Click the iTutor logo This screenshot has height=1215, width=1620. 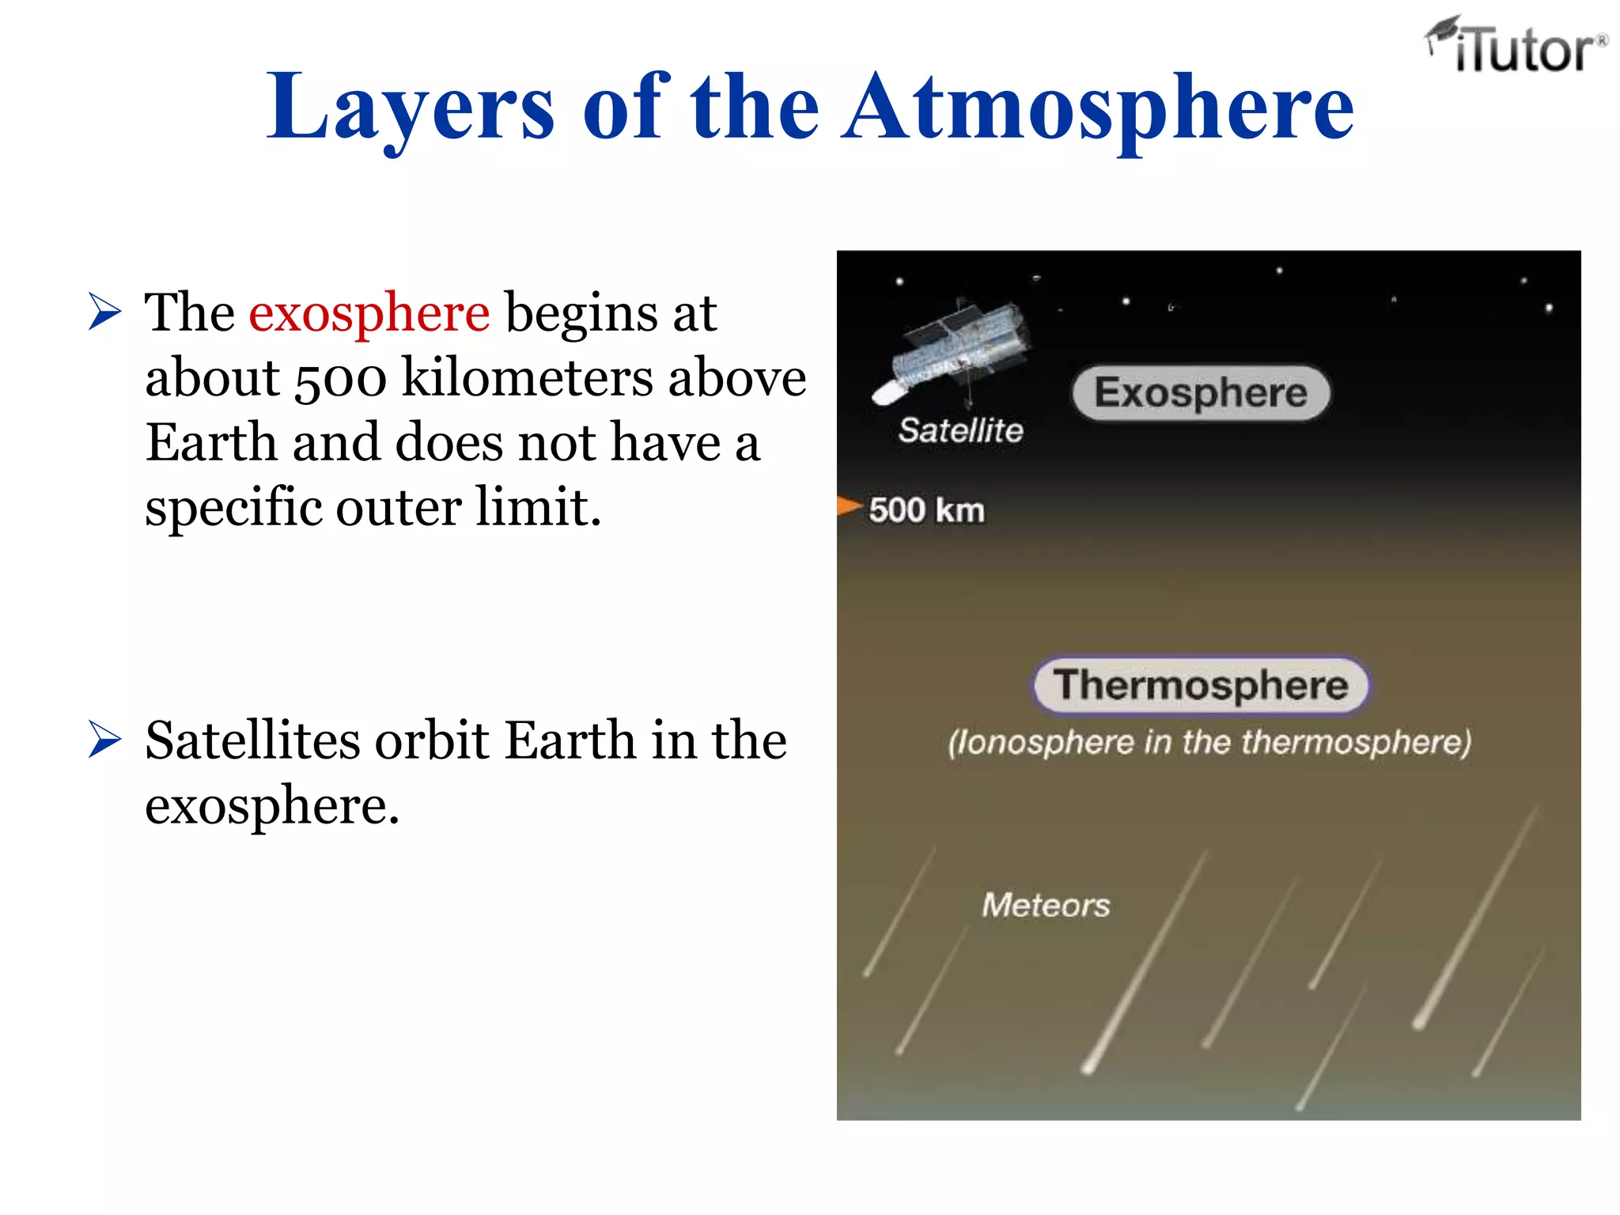[1517, 46]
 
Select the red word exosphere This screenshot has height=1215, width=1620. [369, 312]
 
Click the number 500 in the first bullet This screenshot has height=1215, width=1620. [340, 378]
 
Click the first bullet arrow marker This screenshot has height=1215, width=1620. [105, 311]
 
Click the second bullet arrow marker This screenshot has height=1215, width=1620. [105, 740]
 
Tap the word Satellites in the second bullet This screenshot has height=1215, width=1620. [252, 740]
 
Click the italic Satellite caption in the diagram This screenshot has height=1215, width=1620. [960, 430]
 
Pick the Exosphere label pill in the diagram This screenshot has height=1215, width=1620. [1201, 393]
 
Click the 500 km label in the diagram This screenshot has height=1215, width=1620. [926, 510]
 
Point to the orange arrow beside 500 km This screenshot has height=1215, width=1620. [849, 505]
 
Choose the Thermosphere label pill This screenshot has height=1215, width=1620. [1201, 685]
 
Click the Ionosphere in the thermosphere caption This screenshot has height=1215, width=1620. [1209, 743]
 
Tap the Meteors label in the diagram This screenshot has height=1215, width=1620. [1046, 905]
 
